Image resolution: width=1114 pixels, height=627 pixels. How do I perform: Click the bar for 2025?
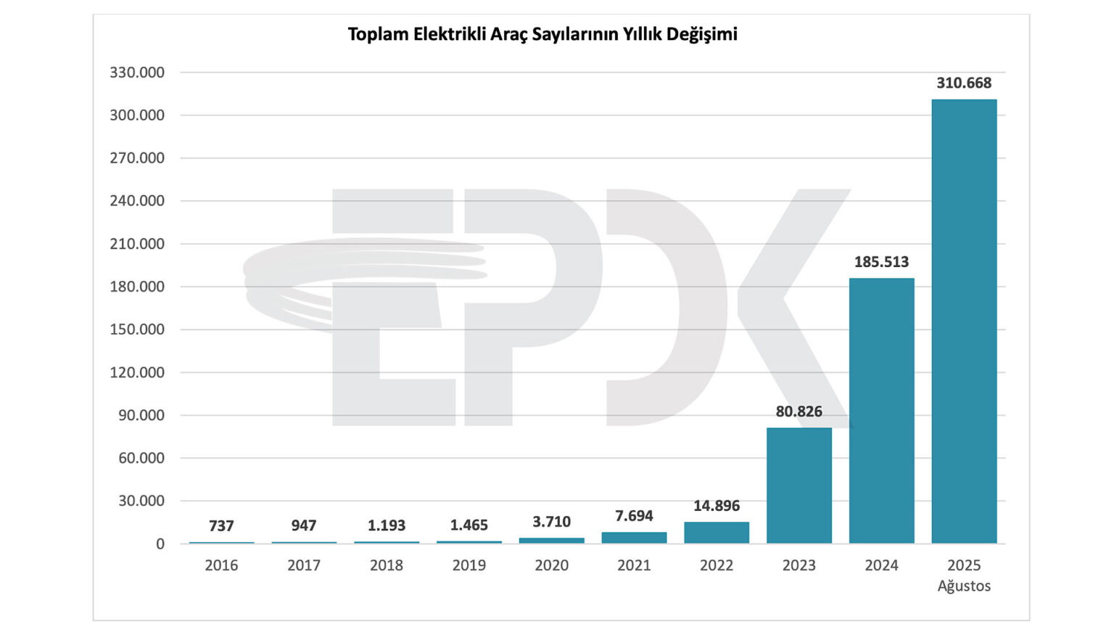(964, 321)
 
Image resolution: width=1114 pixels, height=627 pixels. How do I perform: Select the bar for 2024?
(881, 410)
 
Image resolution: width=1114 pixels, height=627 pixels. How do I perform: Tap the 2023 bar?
(799, 485)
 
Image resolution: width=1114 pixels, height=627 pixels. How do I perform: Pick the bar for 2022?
(717, 532)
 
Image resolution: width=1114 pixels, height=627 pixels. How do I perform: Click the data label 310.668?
(964, 83)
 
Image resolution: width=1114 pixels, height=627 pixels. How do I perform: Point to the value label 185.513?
(881, 262)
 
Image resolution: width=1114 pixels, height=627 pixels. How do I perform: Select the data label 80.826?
(799, 411)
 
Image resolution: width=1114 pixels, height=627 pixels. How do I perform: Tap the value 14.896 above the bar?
(717, 506)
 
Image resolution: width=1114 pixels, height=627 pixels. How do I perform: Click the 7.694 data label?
(634, 516)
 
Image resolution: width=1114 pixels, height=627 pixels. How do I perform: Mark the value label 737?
(221, 525)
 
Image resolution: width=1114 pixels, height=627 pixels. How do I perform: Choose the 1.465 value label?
(469, 525)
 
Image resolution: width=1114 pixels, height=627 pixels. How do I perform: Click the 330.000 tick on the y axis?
(137, 73)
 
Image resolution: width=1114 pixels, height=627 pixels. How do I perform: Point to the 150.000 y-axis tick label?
(137, 329)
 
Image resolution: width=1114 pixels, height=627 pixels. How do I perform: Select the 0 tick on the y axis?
(160, 544)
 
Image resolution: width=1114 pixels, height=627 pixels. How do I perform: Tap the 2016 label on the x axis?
(221, 565)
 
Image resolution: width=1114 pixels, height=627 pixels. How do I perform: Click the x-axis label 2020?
(551, 565)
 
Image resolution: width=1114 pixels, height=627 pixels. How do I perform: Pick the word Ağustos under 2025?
(964, 586)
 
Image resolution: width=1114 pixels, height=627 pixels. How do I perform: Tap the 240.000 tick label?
(137, 201)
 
